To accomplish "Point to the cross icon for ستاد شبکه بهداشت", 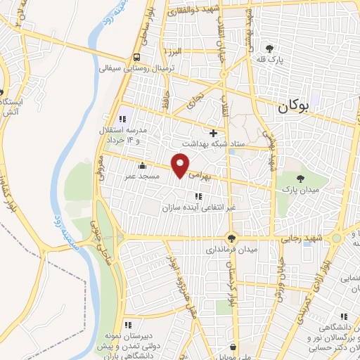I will [x=214, y=132].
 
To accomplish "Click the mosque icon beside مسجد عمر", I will [x=143, y=166].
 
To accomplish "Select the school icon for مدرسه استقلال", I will [x=127, y=118].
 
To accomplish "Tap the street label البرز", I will [x=174, y=52].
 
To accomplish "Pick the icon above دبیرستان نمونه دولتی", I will [x=128, y=324].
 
